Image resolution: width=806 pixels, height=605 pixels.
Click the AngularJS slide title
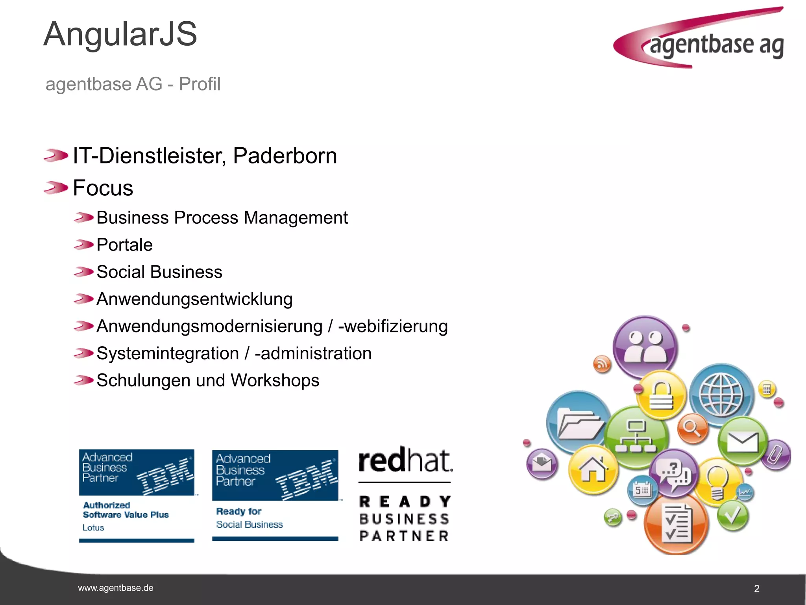(120, 35)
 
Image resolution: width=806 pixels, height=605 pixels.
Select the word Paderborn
(285, 156)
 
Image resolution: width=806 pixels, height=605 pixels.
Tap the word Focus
(103, 188)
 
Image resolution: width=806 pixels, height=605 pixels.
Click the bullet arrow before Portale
(83, 245)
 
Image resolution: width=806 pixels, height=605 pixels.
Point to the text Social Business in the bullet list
(159, 272)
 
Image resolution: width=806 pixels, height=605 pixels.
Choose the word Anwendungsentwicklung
(194, 299)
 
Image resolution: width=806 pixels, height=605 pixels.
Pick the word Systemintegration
(168, 353)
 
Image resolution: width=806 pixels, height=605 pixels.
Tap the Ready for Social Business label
(249, 518)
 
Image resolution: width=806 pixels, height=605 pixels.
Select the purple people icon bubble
(645, 347)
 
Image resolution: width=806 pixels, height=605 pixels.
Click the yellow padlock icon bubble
(661, 395)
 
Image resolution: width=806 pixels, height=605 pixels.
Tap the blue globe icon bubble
(721, 395)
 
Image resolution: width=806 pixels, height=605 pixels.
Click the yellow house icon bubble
(593, 470)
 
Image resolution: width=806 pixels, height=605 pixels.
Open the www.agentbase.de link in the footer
(116, 588)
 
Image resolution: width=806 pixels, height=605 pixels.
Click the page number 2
(756, 589)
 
